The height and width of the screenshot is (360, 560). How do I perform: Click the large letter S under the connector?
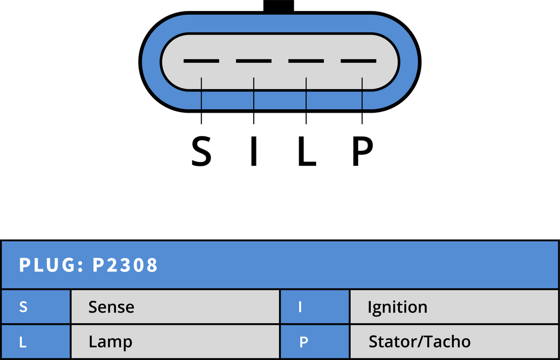(x=201, y=152)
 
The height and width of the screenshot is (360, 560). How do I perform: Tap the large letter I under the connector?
(x=254, y=152)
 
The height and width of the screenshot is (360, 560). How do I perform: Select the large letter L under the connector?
(x=307, y=152)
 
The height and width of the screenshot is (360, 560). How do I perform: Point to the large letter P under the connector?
(x=363, y=152)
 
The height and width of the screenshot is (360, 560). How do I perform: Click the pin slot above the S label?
(x=201, y=61)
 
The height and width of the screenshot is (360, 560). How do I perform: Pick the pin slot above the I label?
(x=254, y=61)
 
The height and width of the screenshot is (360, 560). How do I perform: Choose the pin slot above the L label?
(x=306, y=61)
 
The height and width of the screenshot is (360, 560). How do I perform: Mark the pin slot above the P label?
(x=359, y=61)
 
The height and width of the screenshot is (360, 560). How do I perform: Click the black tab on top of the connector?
(x=278, y=6)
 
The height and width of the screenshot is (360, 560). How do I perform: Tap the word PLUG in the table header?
(x=48, y=265)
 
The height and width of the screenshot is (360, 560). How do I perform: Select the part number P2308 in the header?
(x=125, y=265)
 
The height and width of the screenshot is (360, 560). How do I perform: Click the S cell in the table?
(x=36, y=307)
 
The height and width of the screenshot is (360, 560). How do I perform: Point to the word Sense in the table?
(x=112, y=307)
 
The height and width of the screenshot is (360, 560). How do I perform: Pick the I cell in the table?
(x=314, y=307)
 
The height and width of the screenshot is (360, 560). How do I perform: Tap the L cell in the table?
(x=36, y=342)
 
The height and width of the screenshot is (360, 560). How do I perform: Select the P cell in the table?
(x=314, y=342)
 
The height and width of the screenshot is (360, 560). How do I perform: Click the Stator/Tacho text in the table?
(x=419, y=342)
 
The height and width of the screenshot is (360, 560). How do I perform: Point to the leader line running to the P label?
(x=362, y=101)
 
